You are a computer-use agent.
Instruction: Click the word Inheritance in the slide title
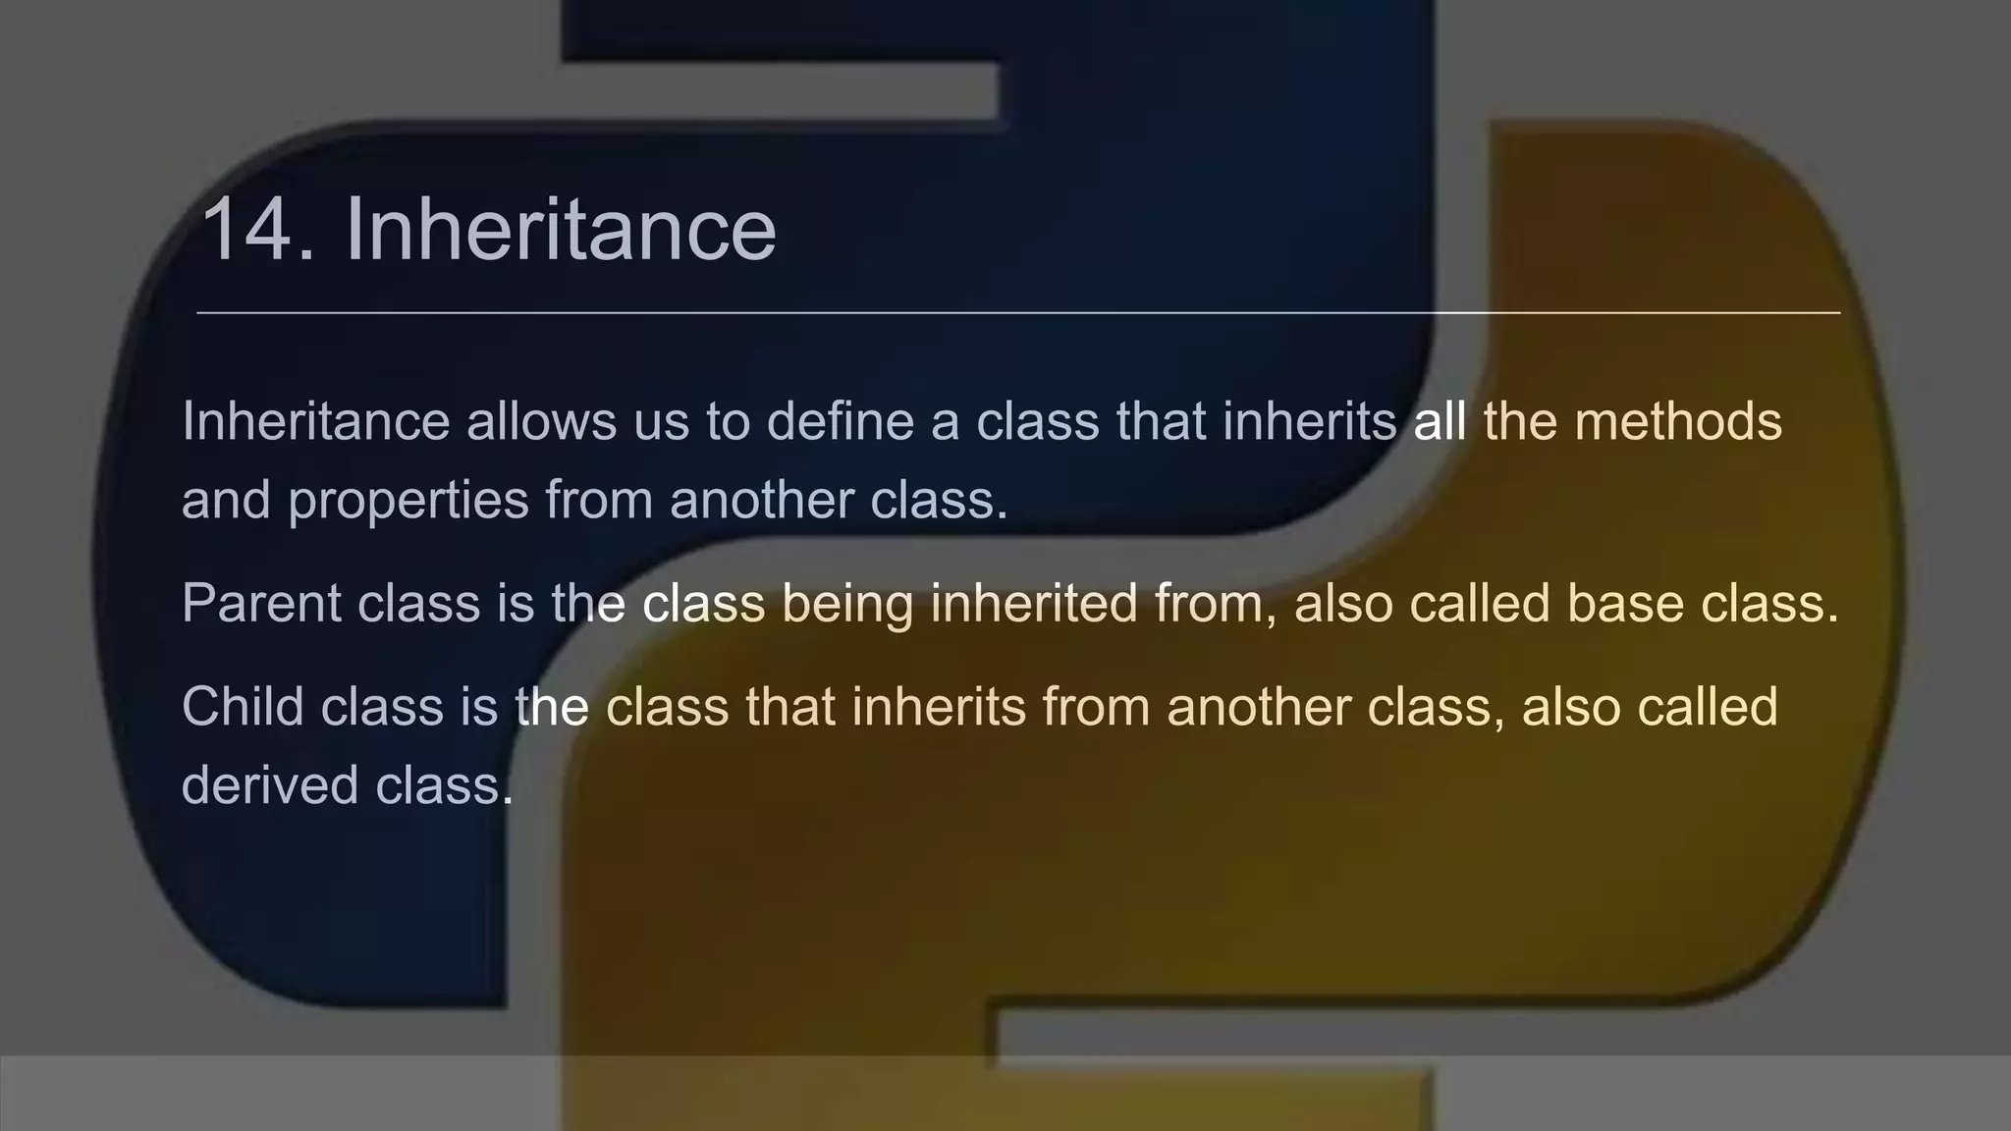(560, 230)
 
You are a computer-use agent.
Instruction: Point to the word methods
(1678, 421)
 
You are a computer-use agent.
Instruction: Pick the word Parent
(261, 602)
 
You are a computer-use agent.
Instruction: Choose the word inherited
(1033, 602)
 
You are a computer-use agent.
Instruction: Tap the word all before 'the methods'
(1440, 421)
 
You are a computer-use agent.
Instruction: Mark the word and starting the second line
(226, 500)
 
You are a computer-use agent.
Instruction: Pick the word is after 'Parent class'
(515, 602)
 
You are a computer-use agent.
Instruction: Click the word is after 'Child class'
(478, 706)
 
